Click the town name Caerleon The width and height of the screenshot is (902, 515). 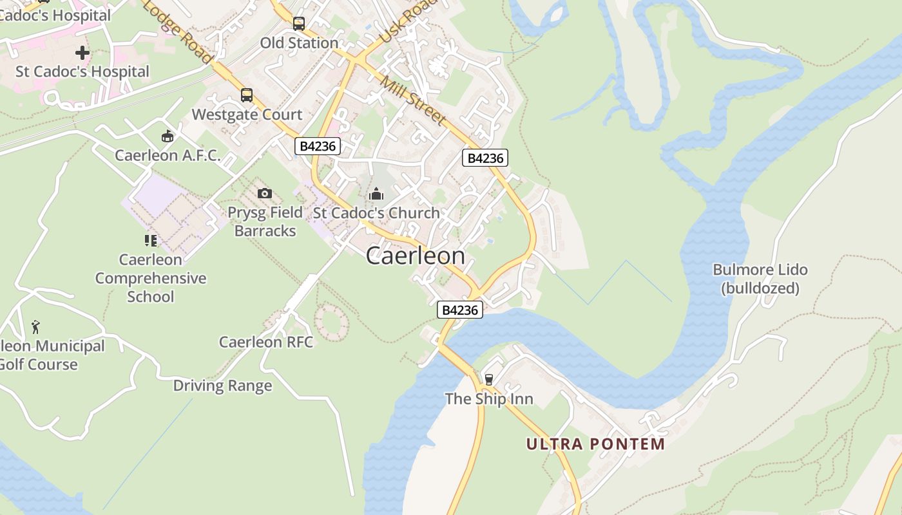click(416, 256)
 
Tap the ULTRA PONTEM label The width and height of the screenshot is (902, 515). click(595, 444)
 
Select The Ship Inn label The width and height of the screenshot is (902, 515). click(489, 398)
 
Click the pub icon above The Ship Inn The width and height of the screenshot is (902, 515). click(488, 379)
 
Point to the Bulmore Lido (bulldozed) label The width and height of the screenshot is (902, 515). click(760, 279)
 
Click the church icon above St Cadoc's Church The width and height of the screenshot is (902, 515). click(376, 193)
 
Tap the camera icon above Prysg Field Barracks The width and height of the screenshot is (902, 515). click(264, 193)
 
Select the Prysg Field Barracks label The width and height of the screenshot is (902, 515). click(265, 221)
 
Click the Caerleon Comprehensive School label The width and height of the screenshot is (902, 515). click(151, 278)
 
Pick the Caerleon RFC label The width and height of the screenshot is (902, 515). click(266, 342)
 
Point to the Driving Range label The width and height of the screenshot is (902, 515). click(222, 386)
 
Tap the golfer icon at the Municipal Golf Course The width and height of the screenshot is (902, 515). click(35, 327)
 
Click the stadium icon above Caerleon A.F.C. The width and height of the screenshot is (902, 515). click(168, 136)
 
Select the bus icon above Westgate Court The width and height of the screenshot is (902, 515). click(247, 95)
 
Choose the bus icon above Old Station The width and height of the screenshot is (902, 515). click(299, 24)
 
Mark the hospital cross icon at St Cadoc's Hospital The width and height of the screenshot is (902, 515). click(82, 52)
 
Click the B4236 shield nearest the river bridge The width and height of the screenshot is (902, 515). click(459, 310)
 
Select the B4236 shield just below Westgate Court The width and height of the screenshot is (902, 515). click(318, 146)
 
